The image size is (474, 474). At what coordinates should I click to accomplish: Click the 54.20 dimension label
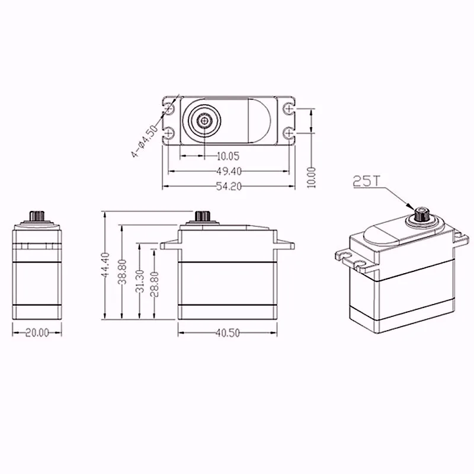tap(229, 187)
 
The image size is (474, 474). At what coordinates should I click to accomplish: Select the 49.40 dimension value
tap(229, 171)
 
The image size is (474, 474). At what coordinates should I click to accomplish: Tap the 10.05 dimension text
tap(228, 156)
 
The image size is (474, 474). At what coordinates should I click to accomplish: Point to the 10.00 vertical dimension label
tap(312, 177)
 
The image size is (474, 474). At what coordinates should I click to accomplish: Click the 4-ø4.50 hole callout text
tap(145, 140)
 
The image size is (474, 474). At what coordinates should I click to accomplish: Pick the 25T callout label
tap(366, 181)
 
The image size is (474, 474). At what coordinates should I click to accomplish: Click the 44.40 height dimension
tap(105, 265)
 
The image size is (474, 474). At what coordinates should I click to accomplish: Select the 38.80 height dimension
tap(123, 272)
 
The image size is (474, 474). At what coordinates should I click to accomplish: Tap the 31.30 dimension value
tap(140, 281)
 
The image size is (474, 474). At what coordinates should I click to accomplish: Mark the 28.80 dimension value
tap(155, 284)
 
